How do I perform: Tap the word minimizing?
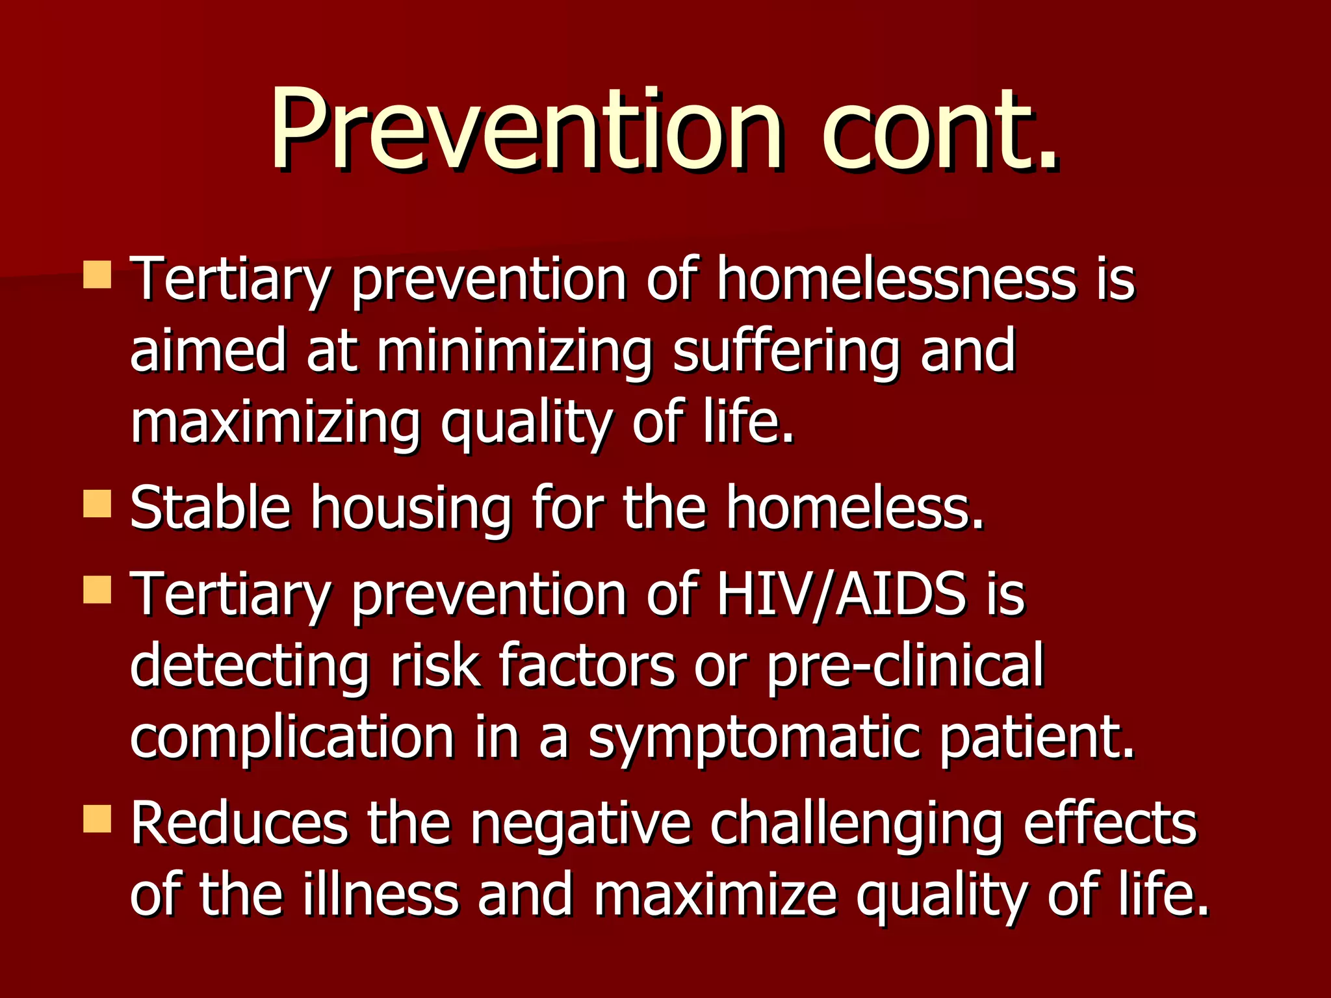(513, 352)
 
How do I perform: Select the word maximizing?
(276, 423)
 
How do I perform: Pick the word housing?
(411, 507)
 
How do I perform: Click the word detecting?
(250, 665)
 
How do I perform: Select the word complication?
(292, 738)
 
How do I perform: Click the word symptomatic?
(754, 738)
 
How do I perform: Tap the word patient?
(1037, 738)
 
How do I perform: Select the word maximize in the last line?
(714, 895)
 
